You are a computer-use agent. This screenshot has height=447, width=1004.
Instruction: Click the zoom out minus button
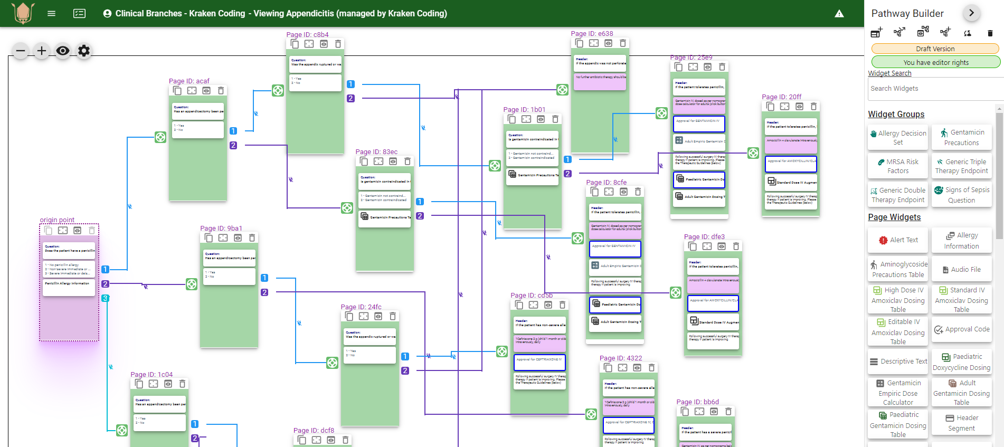[21, 51]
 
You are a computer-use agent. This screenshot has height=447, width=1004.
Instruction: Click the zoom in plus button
[42, 51]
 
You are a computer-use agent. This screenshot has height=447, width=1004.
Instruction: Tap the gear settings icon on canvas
[84, 51]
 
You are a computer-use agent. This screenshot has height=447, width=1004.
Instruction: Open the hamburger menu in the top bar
[51, 14]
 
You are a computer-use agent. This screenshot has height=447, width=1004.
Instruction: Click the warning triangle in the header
[839, 14]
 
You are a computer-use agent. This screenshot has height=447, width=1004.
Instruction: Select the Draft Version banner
[935, 49]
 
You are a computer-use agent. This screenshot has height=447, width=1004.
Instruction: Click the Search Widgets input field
[935, 89]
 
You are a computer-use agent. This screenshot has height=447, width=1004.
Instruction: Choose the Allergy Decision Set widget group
[898, 138]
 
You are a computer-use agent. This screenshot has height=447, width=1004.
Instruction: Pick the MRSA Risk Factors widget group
[898, 166]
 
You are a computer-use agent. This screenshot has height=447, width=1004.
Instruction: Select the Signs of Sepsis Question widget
[961, 195]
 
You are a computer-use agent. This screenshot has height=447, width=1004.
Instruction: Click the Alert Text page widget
[898, 240]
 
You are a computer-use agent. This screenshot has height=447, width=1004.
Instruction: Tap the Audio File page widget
[961, 270]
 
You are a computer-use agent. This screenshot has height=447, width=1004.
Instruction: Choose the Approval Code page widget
[961, 329]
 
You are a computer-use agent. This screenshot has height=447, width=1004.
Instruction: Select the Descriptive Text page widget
[898, 362]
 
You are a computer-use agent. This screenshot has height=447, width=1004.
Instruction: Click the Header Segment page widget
[961, 423]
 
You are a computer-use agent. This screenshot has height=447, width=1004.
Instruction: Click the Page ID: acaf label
[189, 81]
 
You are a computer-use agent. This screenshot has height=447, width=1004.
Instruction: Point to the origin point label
[57, 220]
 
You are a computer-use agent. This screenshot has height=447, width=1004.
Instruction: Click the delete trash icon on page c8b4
[338, 44]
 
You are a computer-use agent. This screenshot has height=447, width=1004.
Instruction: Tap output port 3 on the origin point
[106, 298]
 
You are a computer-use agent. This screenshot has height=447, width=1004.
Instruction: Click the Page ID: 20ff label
[781, 97]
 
